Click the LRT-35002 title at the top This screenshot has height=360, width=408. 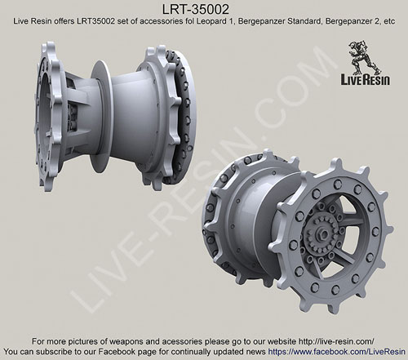click(x=196, y=10)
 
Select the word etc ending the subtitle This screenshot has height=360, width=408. click(x=388, y=22)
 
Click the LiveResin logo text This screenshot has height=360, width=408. click(x=366, y=80)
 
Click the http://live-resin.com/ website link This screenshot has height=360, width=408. click(x=336, y=341)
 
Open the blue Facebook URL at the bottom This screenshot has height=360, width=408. click(x=337, y=352)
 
